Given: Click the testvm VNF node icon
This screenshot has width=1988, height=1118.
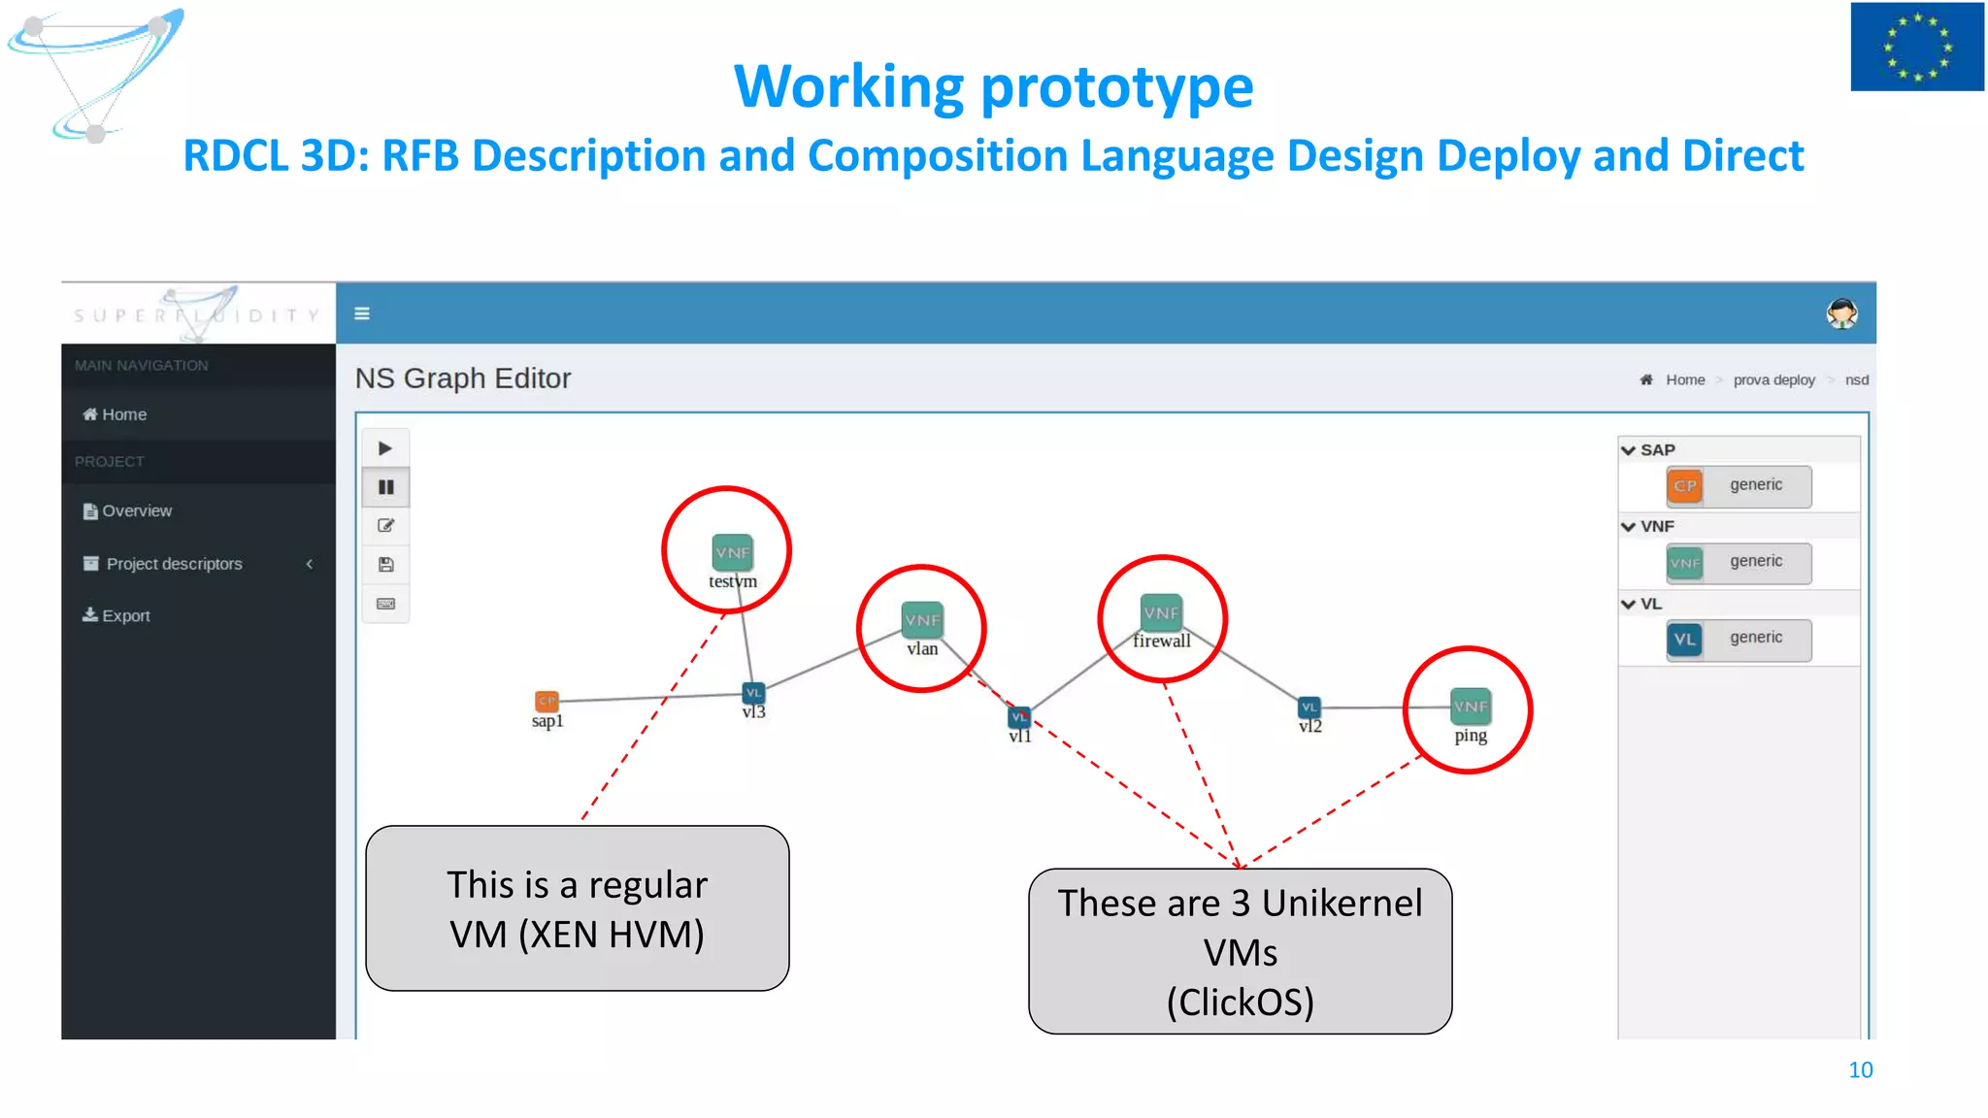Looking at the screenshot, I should pos(732,552).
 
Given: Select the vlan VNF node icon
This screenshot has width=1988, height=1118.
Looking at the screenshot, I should pos(921,619).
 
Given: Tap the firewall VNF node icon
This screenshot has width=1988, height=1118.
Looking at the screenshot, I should pos(1161,612).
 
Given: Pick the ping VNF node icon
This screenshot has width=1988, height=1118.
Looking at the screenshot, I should pos(1470,707).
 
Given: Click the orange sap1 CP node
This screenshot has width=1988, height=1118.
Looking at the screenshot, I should pos(547,701).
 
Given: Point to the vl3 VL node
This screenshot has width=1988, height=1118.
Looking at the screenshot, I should pos(753,693).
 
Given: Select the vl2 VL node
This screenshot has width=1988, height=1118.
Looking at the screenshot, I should pos(1309,707).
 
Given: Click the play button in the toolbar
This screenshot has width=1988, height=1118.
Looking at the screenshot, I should pos(385,448).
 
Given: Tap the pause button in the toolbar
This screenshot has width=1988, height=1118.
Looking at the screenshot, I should pos(385,487).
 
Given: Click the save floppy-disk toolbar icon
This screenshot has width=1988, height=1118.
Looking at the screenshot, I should pos(385,565).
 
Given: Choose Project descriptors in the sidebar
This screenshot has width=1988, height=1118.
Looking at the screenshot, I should pos(174,564).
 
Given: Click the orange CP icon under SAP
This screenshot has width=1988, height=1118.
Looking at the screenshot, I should pos(1685,485).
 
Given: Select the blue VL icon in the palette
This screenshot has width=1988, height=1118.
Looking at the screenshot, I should pos(1685,640).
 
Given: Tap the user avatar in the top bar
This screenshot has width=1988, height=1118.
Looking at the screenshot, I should pos(1841,313).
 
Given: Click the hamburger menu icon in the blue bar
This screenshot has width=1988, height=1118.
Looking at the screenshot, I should pos(362,313).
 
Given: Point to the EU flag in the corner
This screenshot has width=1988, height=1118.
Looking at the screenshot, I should pos(1916,47).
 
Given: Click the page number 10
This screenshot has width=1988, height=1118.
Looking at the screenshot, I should pos(1860,1069).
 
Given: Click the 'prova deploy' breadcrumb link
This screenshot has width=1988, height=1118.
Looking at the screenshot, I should pos(1773,379).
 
